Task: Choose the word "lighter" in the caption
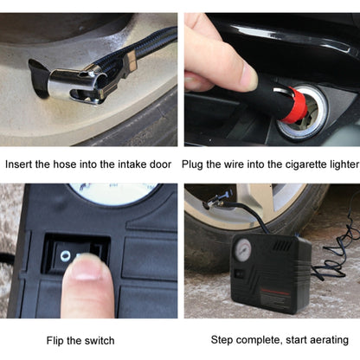337,164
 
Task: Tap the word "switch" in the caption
98,340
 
